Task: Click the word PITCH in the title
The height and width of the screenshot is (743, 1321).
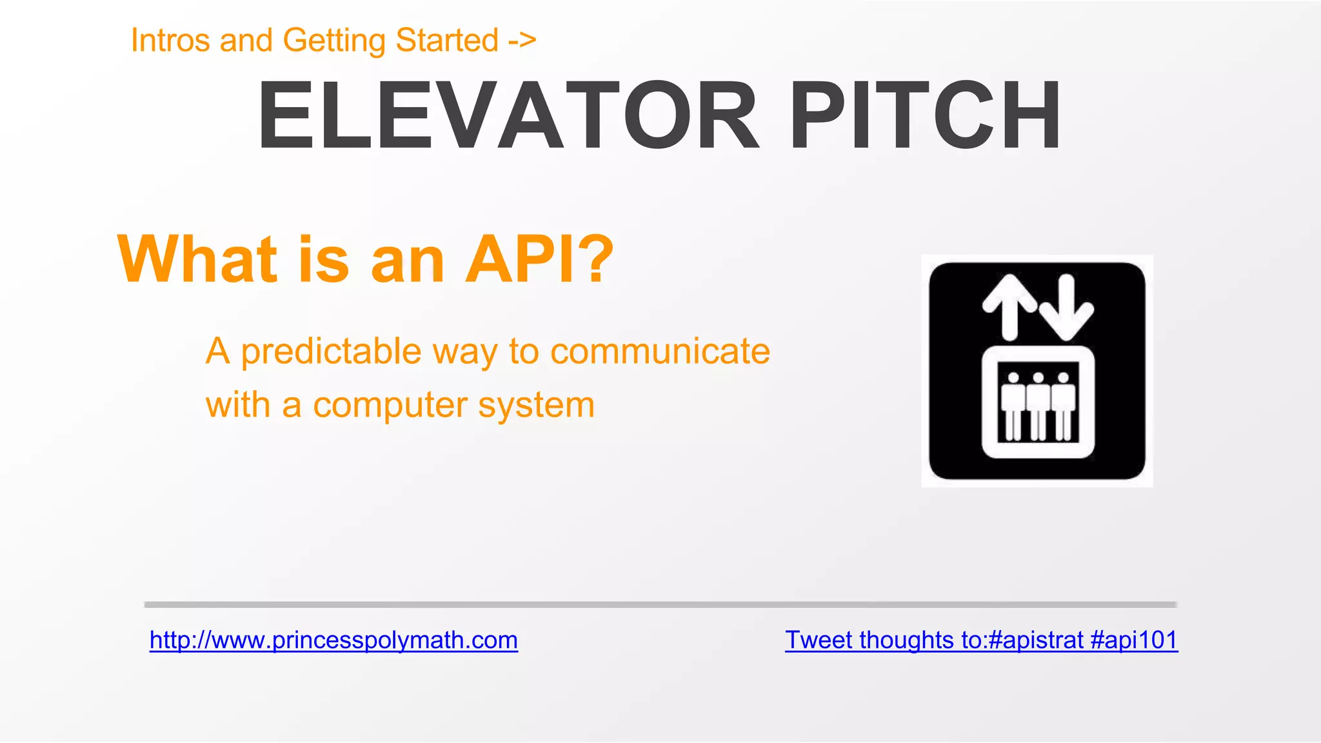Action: pos(924,116)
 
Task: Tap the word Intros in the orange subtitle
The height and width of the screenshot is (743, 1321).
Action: pos(170,41)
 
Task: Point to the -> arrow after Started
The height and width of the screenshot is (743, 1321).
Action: pos(522,41)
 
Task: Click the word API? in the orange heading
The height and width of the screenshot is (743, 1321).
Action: pos(539,259)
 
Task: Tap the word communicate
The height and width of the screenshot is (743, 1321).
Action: pos(660,352)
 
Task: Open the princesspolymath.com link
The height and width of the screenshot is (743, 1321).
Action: pos(333,640)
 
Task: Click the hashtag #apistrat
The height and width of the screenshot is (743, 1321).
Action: pos(1035,640)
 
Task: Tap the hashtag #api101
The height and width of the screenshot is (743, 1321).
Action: pos(1134,640)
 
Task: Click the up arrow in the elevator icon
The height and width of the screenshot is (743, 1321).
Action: pos(1010,307)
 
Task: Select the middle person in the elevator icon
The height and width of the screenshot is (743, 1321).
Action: pos(1038,406)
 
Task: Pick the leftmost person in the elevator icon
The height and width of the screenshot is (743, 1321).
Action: pos(1013,406)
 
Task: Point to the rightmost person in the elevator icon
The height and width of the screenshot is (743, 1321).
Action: pos(1063,406)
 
